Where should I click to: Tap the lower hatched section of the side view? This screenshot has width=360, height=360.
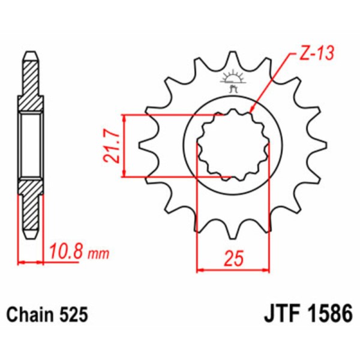pos(32,204)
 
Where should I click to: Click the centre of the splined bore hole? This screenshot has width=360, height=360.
pos(231,146)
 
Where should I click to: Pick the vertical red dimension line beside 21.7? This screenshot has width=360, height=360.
pos(124,146)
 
